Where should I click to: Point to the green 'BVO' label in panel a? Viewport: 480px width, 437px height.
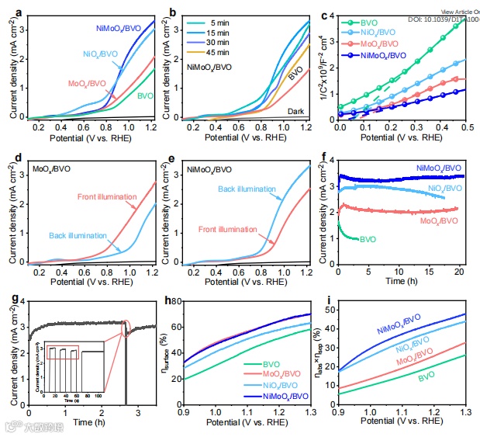pyautogui.click(x=143, y=95)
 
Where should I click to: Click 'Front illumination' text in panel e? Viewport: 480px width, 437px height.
pyautogui.click(x=229, y=229)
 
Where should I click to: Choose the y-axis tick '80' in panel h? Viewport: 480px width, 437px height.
pyautogui.click(x=175, y=301)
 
